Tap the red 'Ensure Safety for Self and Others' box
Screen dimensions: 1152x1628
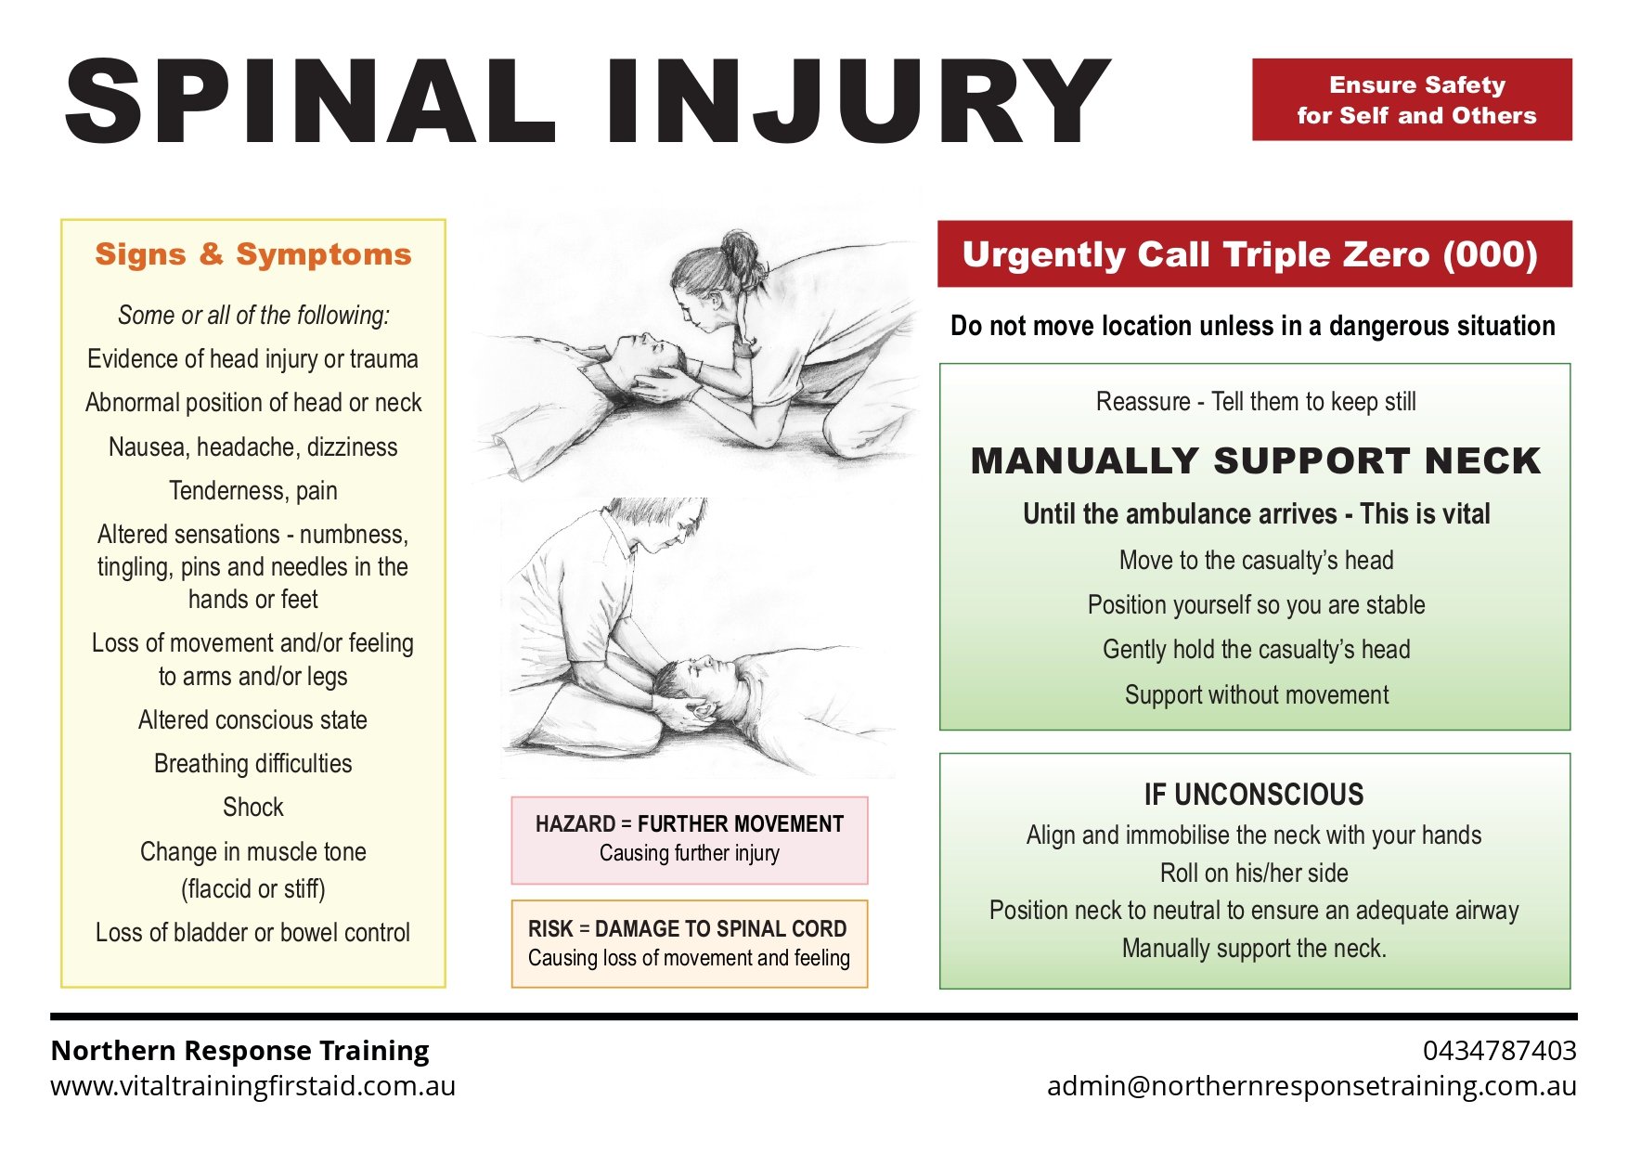click(x=1411, y=100)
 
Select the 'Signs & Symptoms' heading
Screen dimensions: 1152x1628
click(x=252, y=254)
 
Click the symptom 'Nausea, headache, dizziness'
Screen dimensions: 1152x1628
click(x=252, y=447)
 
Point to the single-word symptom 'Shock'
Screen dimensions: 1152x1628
click(x=252, y=808)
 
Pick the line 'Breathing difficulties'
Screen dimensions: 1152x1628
click(x=252, y=764)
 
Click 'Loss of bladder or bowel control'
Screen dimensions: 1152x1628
click(x=252, y=933)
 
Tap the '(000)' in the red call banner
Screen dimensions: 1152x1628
click(x=1490, y=254)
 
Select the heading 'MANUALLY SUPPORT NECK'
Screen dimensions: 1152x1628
click(x=1255, y=461)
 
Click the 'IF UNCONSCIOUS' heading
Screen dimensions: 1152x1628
click(x=1254, y=795)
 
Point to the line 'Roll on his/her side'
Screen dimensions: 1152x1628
click(x=1254, y=874)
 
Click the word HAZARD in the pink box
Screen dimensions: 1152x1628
click(x=575, y=824)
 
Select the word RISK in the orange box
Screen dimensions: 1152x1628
click(x=550, y=929)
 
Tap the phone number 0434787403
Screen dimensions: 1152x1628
click(x=1499, y=1051)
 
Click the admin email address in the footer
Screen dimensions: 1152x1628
click(x=1311, y=1086)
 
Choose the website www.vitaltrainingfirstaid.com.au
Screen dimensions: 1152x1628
click(x=252, y=1086)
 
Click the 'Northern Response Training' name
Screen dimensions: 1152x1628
click(x=239, y=1051)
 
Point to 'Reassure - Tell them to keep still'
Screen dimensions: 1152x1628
click(x=1255, y=402)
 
